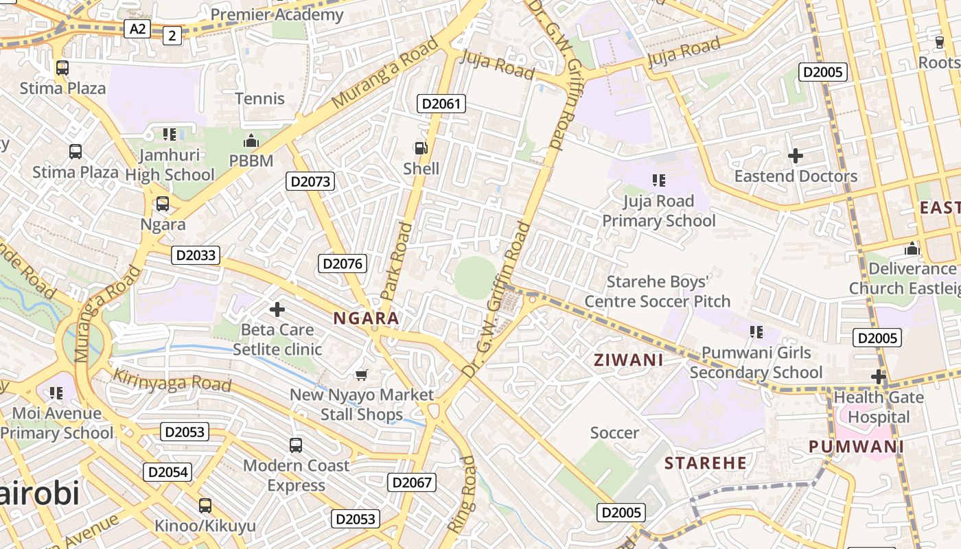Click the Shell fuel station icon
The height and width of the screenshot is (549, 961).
(420, 148)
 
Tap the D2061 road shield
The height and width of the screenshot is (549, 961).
(441, 104)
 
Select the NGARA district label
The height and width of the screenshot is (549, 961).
(366, 318)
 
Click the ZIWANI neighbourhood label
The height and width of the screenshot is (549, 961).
(628, 360)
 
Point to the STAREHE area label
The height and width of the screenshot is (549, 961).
(706, 463)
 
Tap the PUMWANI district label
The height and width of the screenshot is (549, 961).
(856, 447)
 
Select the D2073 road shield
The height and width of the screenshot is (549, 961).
(310, 181)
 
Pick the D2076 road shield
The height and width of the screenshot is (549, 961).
(343, 264)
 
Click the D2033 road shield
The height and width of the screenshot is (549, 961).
(196, 255)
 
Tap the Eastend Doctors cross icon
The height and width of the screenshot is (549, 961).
(796, 156)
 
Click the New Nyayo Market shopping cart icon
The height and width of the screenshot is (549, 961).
(362, 374)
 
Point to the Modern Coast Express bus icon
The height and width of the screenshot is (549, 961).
(296, 445)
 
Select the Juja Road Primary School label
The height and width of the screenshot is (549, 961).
(659, 211)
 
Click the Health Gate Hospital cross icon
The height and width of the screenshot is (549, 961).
(879, 376)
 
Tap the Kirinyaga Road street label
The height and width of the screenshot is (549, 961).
(172, 380)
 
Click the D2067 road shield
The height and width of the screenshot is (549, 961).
(412, 482)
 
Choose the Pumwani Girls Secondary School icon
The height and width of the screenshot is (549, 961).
(756, 332)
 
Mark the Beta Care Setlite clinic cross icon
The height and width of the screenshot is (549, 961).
(277, 309)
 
